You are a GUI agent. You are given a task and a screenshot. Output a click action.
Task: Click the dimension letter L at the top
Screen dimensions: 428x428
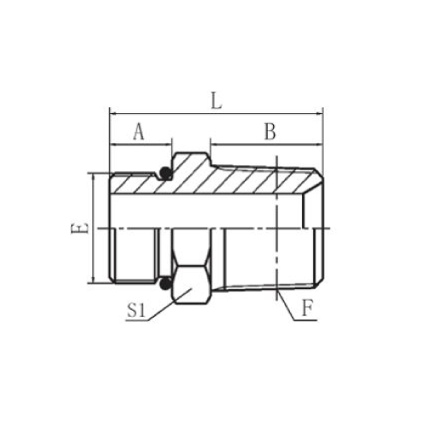pyautogui.click(x=217, y=102)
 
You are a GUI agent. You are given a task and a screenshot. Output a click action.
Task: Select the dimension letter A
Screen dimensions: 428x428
pyautogui.click(x=139, y=132)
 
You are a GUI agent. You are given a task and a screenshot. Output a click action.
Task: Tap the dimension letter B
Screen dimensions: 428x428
pyautogui.click(x=270, y=132)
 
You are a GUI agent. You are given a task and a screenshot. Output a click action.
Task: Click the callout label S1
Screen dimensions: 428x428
pyautogui.click(x=135, y=311)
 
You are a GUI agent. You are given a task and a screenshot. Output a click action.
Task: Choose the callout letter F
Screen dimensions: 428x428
pyautogui.click(x=306, y=309)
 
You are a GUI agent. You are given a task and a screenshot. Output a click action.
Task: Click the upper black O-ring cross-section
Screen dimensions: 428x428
pyautogui.click(x=165, y=173)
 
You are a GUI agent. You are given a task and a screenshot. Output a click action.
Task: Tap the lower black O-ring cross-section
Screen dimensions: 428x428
pyautogui.click(x=165, y=283)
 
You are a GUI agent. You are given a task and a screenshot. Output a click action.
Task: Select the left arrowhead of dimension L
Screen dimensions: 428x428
pyautogui.click(x=114, y=114)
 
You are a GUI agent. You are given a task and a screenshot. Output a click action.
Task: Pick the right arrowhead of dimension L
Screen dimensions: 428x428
pyautogui.click(x=319, y=114)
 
